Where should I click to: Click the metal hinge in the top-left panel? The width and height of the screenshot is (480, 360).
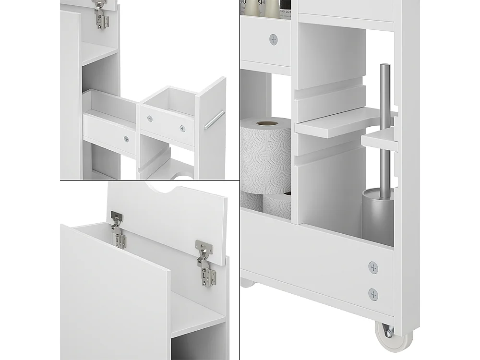point(100,14)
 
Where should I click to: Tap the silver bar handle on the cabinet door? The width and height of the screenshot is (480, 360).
point(214,120)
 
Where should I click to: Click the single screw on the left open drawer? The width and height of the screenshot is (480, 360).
point(126,139)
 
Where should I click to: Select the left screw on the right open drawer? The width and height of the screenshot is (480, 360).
point(150,119)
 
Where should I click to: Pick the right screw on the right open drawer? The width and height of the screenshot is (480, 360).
point(182,128)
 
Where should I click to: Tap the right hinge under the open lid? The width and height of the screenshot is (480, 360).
point(206,262)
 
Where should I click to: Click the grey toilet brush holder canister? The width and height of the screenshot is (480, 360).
point(378,214)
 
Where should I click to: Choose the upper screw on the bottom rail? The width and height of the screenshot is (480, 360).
point(373,267)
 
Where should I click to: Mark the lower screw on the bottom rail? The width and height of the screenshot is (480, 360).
point(372,294)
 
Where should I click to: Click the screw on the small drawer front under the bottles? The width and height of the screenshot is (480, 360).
point(274,39)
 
